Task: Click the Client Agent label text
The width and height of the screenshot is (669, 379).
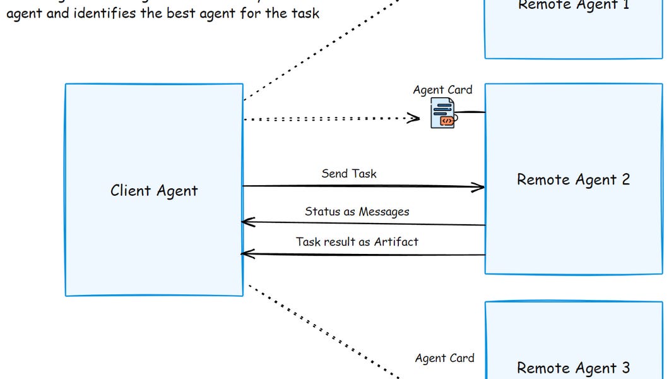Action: [x=154, y=191]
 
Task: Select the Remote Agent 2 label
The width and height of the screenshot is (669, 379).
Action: [x=573, y=179]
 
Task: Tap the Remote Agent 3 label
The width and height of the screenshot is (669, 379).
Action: [x=573, y=368]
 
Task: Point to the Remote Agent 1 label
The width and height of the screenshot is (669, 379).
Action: [x=573, y=5]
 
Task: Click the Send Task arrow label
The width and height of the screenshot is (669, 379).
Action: [x=348, y=174]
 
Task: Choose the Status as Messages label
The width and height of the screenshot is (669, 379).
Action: [x=357, y=212]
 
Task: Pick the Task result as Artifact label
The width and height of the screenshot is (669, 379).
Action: [x=357, y=241]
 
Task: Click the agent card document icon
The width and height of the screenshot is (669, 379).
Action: [x=442, y=116]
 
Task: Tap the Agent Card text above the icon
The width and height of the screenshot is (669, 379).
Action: [x=442, y=90]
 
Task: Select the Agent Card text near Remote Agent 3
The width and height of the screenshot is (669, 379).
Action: [x=444, y=358]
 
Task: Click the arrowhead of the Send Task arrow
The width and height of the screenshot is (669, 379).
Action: [x=480, y=186]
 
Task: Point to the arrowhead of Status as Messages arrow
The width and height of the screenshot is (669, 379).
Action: [x=247, y=222]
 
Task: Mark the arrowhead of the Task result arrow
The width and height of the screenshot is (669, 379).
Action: [x=247, y=254]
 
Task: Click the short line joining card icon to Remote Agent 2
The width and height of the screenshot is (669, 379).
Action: [x=471, y=112]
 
